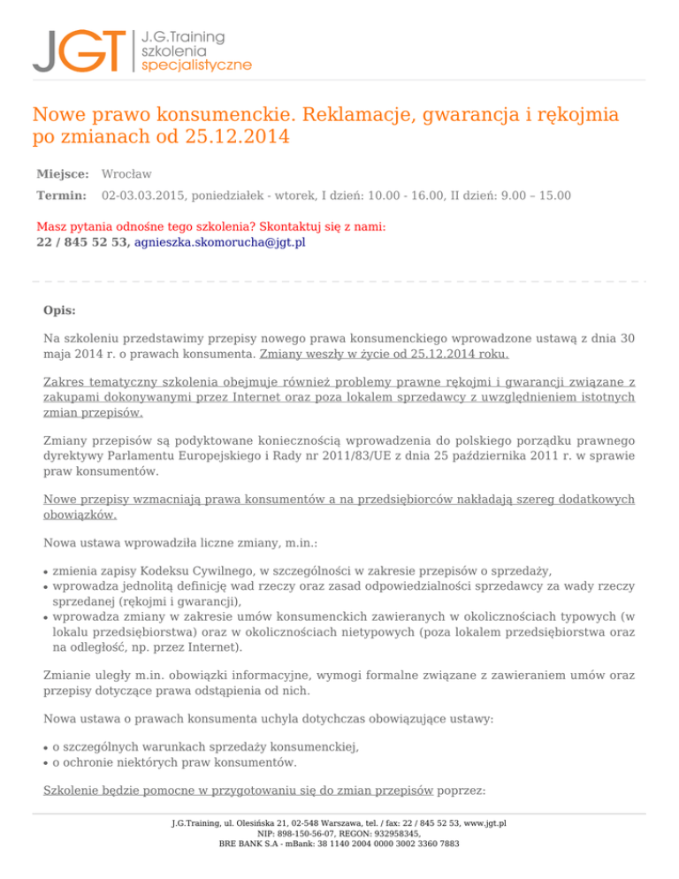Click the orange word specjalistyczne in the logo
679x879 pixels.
(x=196, y=65)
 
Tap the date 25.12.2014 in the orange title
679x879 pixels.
(x=237, y=137)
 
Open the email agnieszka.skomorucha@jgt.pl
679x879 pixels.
(x=220, y=241)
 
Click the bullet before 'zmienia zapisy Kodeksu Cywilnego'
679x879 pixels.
(x=46, y=572)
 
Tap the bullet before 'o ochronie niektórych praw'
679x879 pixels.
(x=46, y=761)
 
